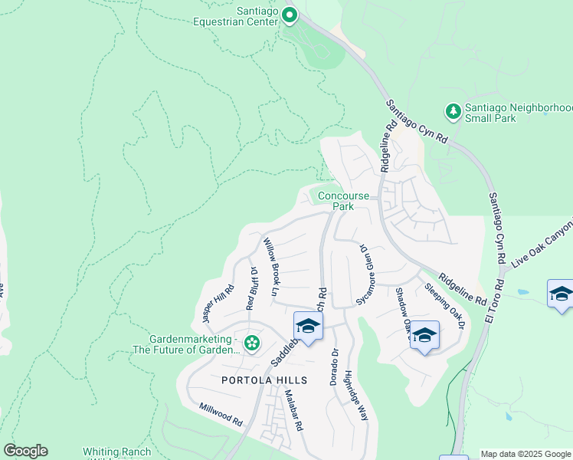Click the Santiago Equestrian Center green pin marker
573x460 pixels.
pyautogui.click(x=290, y=15)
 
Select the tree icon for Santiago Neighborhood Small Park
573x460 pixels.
pyautogui.click(x=453, y=112)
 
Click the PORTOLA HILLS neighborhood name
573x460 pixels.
pyautogui.click(x=264, y=380)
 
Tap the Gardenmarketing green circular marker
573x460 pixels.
pyautogui.click(x=252, y=343)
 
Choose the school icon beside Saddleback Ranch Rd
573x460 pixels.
pyautogui.click(x=308, y=327)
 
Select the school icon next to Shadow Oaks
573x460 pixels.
pyautogui.click(x=424, y=336)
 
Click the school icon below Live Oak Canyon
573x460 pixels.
pyautogui.click(x=561, y=294)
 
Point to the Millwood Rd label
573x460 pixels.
pyautogui.click(x=221, y=416)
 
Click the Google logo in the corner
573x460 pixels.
pyautogui.click(x=25, y=451)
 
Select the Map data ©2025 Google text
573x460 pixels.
pyautogui.click(x=526, y=454)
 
